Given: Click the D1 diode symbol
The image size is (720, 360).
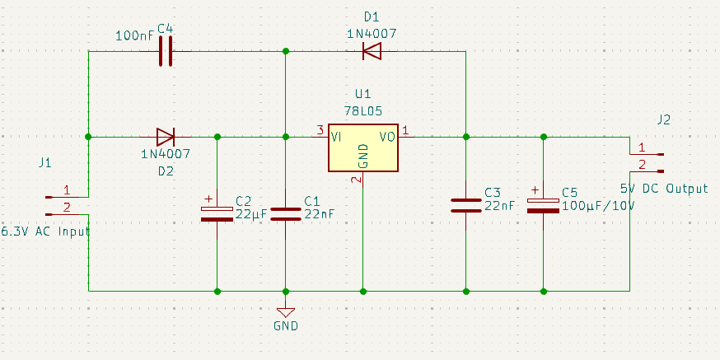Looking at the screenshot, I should [372, 52].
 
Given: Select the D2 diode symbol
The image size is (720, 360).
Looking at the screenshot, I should [165, 136].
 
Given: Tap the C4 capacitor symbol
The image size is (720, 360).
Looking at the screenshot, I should [166, 52].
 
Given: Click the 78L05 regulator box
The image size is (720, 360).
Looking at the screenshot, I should [362, 148].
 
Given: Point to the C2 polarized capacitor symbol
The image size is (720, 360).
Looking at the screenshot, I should [217, 213].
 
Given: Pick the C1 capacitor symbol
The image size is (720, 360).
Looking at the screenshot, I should [286, 213].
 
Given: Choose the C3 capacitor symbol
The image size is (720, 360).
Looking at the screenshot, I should [465, 205].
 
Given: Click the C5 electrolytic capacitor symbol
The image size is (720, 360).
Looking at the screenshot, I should [544, 205].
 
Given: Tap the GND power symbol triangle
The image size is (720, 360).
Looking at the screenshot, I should [286, 311].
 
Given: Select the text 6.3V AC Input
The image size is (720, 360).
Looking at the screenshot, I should [46, 231].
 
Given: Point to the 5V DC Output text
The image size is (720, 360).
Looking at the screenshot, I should [664, 189].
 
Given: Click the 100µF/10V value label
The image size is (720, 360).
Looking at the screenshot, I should [598, 206].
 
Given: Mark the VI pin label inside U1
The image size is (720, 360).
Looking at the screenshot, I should [336, 137].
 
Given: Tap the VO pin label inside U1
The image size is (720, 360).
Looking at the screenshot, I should [387, 137].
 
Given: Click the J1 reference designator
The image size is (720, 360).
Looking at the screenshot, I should [45, 163].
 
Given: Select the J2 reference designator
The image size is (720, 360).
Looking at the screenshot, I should [664, 119].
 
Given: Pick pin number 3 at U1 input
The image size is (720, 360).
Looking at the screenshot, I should [319, 129].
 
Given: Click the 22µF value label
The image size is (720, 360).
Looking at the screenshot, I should [251, 213].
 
